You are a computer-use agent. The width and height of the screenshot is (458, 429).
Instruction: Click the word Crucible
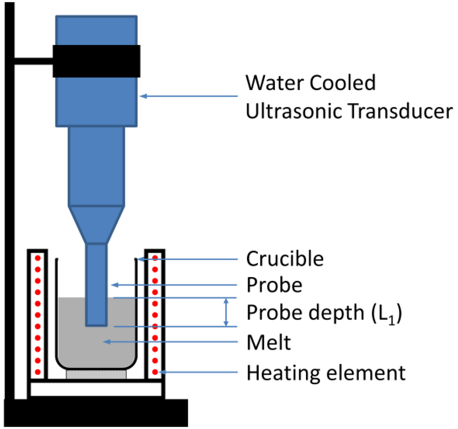point(284,259)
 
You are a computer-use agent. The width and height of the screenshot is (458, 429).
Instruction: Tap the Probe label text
point(274,285)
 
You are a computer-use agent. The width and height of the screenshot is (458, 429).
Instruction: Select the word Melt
point(269,343)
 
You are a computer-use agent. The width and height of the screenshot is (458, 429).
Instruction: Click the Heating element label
point(326,372)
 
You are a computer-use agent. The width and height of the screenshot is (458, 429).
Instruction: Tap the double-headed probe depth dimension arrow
point(226,312)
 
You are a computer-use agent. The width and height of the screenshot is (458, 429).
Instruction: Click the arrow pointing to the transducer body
point(188,96)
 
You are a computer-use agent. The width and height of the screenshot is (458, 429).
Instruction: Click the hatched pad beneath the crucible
point(96,374)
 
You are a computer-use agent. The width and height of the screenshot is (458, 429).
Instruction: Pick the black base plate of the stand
point(96,412)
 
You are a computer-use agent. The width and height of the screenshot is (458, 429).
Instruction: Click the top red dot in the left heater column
point(38,259)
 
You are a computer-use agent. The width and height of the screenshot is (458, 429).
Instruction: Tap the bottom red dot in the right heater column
point(155,371)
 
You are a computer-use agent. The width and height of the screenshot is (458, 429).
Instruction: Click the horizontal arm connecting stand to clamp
point(34,61)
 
